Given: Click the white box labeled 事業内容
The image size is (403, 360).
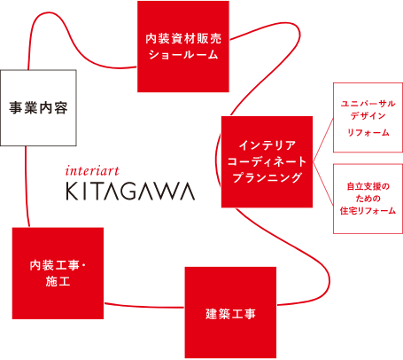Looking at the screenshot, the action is tap(38, 108).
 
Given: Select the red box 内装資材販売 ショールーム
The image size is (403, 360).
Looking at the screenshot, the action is tap(183, 46).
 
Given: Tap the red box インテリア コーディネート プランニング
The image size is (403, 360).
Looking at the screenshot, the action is tap(267, 161).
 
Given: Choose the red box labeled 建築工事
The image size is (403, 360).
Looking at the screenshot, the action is tap(230, 313).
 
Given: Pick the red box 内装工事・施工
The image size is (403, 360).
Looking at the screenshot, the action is tap(58, 273).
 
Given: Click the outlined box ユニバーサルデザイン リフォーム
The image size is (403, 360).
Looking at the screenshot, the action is tap(368, 118).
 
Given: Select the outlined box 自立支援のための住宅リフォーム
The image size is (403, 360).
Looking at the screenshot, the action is tap(368, 199).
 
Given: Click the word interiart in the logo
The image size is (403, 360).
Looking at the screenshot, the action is tap(92, 171).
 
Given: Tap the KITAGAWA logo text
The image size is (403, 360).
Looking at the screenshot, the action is tap(130, 192).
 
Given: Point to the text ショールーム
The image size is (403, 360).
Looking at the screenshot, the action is tap(183, 55).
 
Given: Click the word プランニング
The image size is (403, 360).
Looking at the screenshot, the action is tap(267, 177).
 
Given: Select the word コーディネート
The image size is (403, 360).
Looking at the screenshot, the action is tap(267, 161).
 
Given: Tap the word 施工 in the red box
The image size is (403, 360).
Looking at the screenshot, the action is tap(58, 281).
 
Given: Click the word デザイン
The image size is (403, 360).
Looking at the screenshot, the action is tap(368, 115).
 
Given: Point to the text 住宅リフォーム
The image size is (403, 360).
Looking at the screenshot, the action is tap(368, 211).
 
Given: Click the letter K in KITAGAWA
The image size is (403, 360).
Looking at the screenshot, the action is tap(72, 192).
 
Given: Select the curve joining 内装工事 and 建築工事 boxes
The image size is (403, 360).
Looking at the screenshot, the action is tap(144, 307).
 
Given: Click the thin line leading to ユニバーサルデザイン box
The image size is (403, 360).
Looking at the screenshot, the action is tap(323, 140).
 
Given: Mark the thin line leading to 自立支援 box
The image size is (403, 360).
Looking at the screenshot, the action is tap(323, 184).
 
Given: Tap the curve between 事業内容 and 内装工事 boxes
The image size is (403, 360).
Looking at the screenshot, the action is tap(26, 187).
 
